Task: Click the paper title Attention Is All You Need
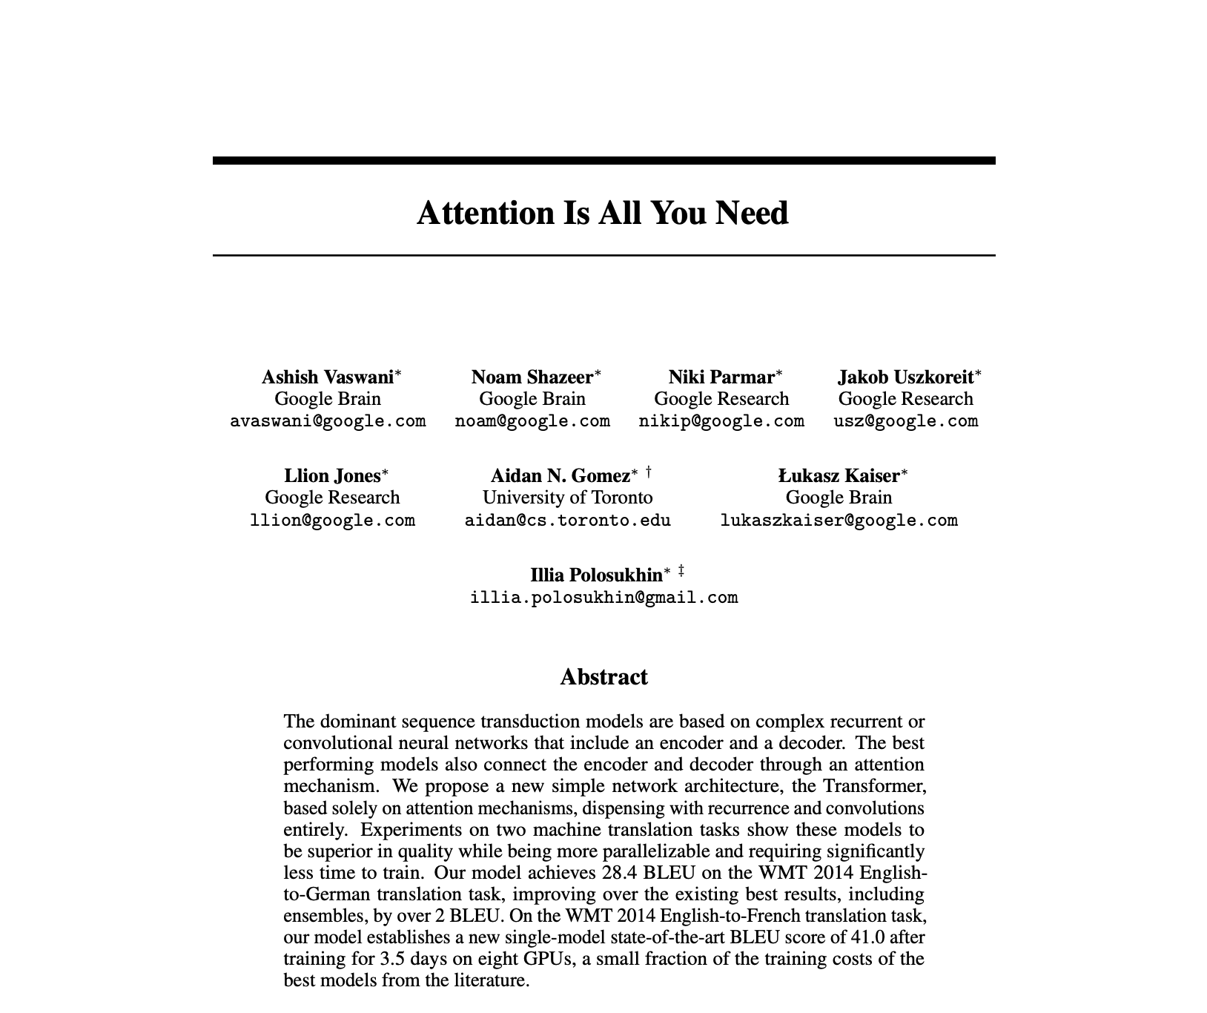tap(603, 213)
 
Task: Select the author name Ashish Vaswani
tap(327, 377)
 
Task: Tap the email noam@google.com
tap(532, 421)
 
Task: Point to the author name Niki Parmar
tap(721, 377)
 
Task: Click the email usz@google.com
tap(905, 421)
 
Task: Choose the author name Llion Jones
tap(331, 476)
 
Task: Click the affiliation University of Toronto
tap(567, 498)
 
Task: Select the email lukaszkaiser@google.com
tap(839, 521)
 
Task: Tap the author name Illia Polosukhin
tap(596, 575)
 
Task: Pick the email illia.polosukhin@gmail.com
tap(603, 598)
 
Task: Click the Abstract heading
tap(603, 677)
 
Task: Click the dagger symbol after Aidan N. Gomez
tap(649, 471)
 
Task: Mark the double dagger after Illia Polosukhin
tap(681, 571)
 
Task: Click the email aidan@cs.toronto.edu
tap(567, 521)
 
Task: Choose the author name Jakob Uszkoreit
tap(905, 377)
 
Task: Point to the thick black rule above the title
tap(603, 160)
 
